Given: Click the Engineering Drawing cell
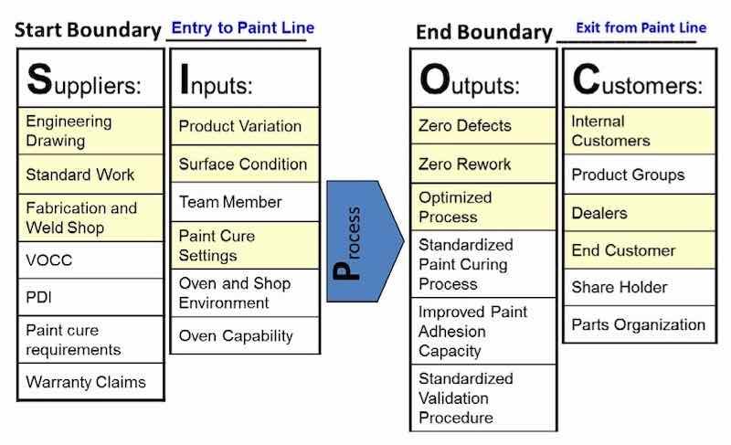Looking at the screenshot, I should pyautogui.click(x=90, y=131).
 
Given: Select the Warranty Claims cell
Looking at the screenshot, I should pyautogui.click(x=90, y=381).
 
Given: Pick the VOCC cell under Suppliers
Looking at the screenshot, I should pyautogui.click(x=90, y=260).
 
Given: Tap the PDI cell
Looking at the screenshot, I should pyautogui.click(x=90, y=297).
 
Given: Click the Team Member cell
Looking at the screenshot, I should pyautogui.click(x=244, y=202).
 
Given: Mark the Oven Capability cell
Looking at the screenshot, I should pyautogui.click(x=244, y=336).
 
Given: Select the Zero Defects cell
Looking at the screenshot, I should pyautogui.click(x=482, y=126).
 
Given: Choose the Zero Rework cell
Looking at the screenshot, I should pyautogui.click(x=482, y=164).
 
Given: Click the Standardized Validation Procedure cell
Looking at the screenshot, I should pyautogui.click(x=482, y=397).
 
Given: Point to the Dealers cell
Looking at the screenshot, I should pyautogui.click(x=638, y=213).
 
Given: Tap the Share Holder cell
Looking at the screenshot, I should pyautogui.click(x=638, y=287).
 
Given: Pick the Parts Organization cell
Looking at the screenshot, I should pyautogui.click(x=638, y=324).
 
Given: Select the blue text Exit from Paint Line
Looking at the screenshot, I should pyautogui.click(x=641, y=27).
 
